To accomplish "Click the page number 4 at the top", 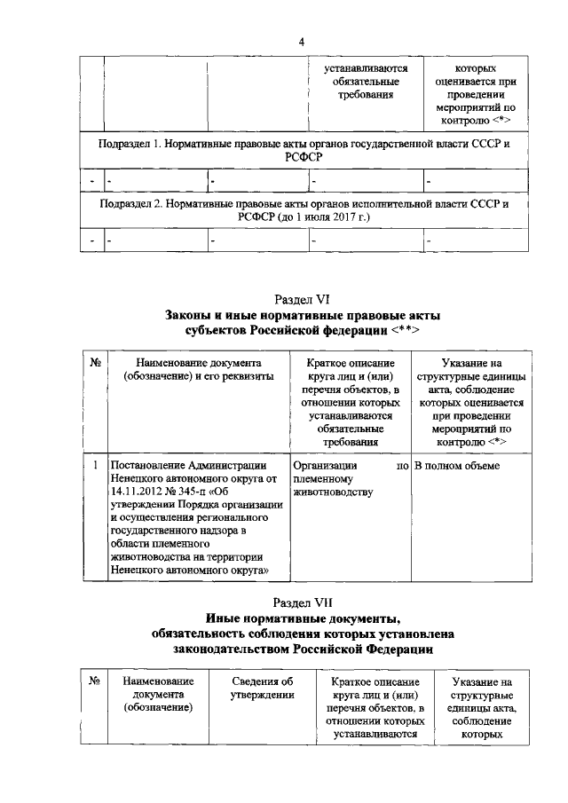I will click(301, 43).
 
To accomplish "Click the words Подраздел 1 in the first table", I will click(130, 143).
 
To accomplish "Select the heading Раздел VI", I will click(302, 300).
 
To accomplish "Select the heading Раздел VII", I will click(304, 601).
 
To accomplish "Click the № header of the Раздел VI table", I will click(95, 364).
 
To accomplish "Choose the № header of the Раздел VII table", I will click(95, 681).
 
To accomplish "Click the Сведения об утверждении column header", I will click(262, 688).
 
